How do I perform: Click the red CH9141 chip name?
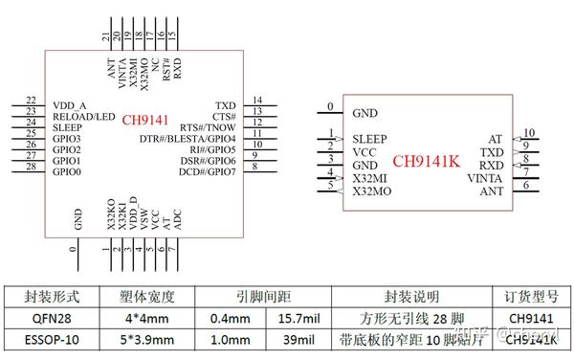[x=144, y=122]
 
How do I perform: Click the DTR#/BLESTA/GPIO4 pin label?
[x=188, y=139]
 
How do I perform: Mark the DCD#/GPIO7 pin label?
[x=206, y=172]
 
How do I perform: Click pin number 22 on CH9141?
[x=32, y=101]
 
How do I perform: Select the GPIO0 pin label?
[x=67, y=172]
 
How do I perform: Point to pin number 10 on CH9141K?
[x=528, y=133]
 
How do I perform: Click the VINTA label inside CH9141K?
[x=483, y=178]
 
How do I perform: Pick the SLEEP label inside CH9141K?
[x=369, y=139]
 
